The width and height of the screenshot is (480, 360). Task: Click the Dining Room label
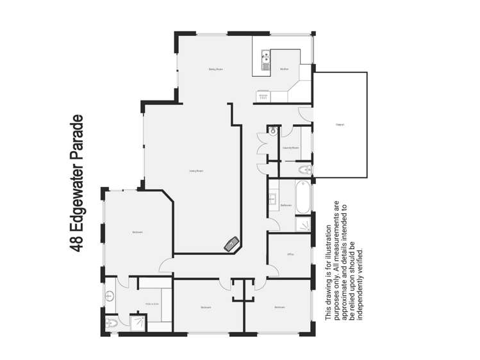(x=215, y=69)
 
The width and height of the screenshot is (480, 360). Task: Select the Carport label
(x=340, y=124)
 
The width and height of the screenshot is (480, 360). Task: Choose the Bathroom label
(x=286, y=205)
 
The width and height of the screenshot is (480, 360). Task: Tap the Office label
(x=290, y=254)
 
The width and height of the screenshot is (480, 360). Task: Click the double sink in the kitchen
(x=264, y=62)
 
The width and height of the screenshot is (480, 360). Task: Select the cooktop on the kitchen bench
(x=263, y=96)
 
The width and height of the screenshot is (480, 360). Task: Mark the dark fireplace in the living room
(x=231, y=243)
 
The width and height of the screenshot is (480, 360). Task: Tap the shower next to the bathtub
(x=304, y=224)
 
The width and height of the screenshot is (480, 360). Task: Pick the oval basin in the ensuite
(x=110, y=296)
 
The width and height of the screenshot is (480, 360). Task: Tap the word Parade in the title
(x=79, y=140)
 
